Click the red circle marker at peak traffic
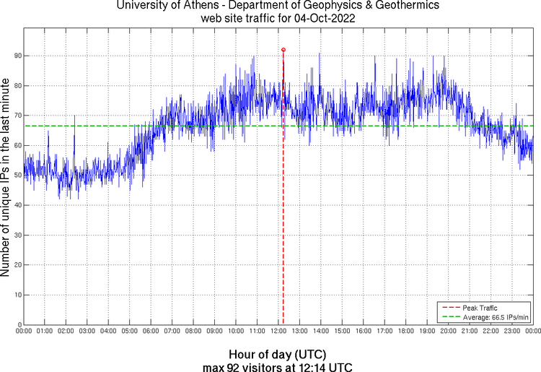pos(283,50)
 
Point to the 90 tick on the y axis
pos(17,56)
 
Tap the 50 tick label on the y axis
pos(17,176)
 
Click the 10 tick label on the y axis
pos(17,295)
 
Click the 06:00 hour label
pos(151,331)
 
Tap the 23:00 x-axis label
pos(512,331)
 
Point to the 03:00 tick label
pos(87,331)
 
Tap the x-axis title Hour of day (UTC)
pos(278,355)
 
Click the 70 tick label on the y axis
pos(17,116)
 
